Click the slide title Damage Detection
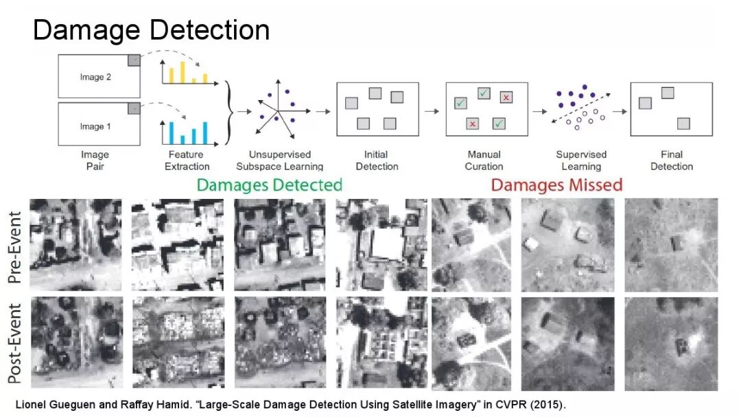151,31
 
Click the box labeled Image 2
98,77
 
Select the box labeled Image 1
98,126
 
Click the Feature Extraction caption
189,160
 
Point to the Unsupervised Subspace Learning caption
279,160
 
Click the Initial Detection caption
377,160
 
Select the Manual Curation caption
484,160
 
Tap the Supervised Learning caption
581,160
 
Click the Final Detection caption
672,160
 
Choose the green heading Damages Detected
269,184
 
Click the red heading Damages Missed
556,184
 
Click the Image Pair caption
95,160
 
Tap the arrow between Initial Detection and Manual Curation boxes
431,110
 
